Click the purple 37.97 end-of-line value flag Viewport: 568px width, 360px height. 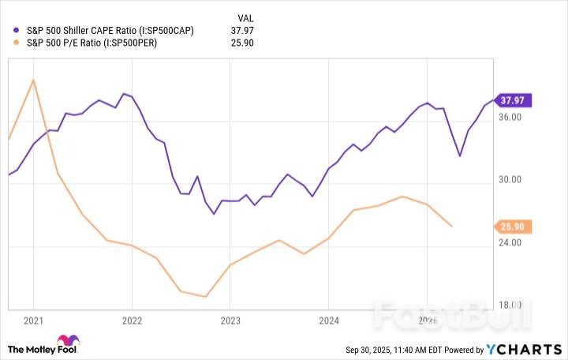click(x=517, y=100)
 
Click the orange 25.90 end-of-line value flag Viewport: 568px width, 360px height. click(x=517, y=227)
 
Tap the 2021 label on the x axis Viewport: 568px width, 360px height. click(x=32, y=321)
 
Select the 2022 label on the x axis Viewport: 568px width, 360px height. click(x=131, y=321)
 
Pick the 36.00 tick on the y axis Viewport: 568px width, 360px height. click(x=510, y=117)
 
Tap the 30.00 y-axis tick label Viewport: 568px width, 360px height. click(x=510, y=180)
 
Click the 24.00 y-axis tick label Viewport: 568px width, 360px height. click(x=510, y=242)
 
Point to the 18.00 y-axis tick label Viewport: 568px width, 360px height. click(x=510, y=306)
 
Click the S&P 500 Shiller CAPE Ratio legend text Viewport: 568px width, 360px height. click(x=110, y=31)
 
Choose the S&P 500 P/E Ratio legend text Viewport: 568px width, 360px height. click(x=92, y=43)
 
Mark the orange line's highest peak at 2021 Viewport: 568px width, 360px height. click(x=32, y=79)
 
